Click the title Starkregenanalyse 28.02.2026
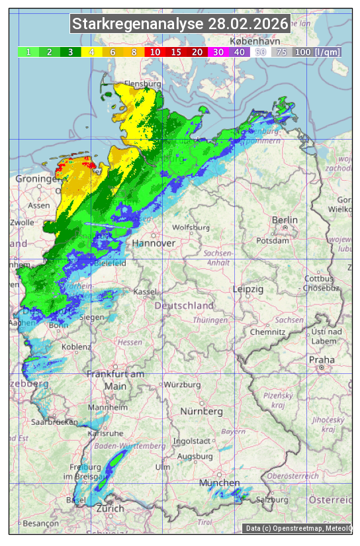(x=180, y=24)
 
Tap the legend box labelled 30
(x=218, y=52)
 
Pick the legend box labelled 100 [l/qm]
(x=317, y=52)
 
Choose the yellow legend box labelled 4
(x=91, y=52)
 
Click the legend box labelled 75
(x=281, y=52)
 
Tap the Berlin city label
(x=285, y=220)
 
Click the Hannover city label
(x=154, y=244)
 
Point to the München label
(x=219, y=483)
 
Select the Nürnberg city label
(x=201, y=412)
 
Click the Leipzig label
(x=248, y=289)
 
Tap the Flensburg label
(x=143, y=85)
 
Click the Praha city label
(x=321, y=360)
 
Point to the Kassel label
(x=145, y=292)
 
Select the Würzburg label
(x=181, y=385)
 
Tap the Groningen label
(x=38, y=179)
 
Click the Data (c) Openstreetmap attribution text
(x=298, y=528)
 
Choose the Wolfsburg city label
(x=191, y=228)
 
